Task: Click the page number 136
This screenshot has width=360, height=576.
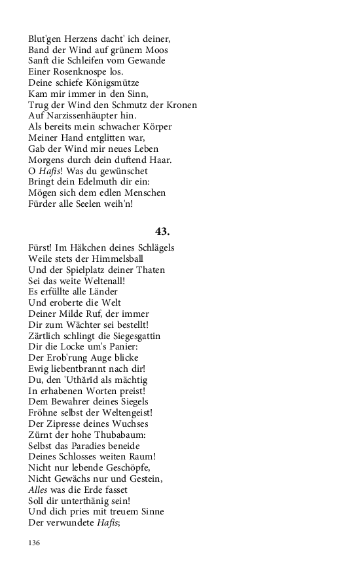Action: [x=35, y=543]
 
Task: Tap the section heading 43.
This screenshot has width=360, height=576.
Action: [x=162, y=231]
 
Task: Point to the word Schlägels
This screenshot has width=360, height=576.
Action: [x=153, y=247]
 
